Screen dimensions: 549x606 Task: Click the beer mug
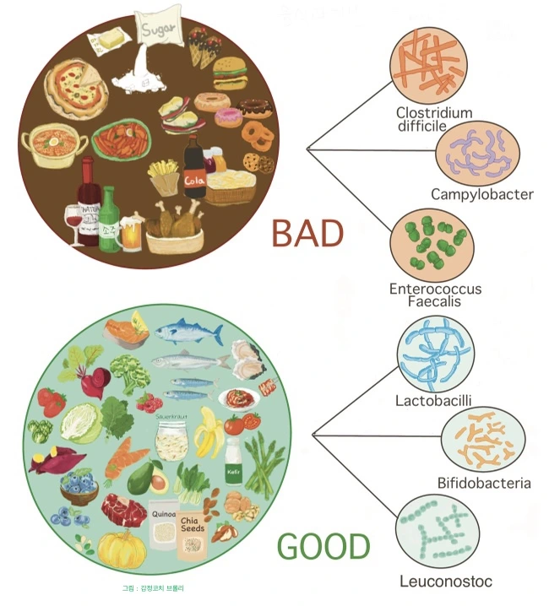[132, 234]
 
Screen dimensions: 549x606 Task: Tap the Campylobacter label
[482, 194]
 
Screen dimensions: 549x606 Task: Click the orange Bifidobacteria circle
[484, 441]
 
